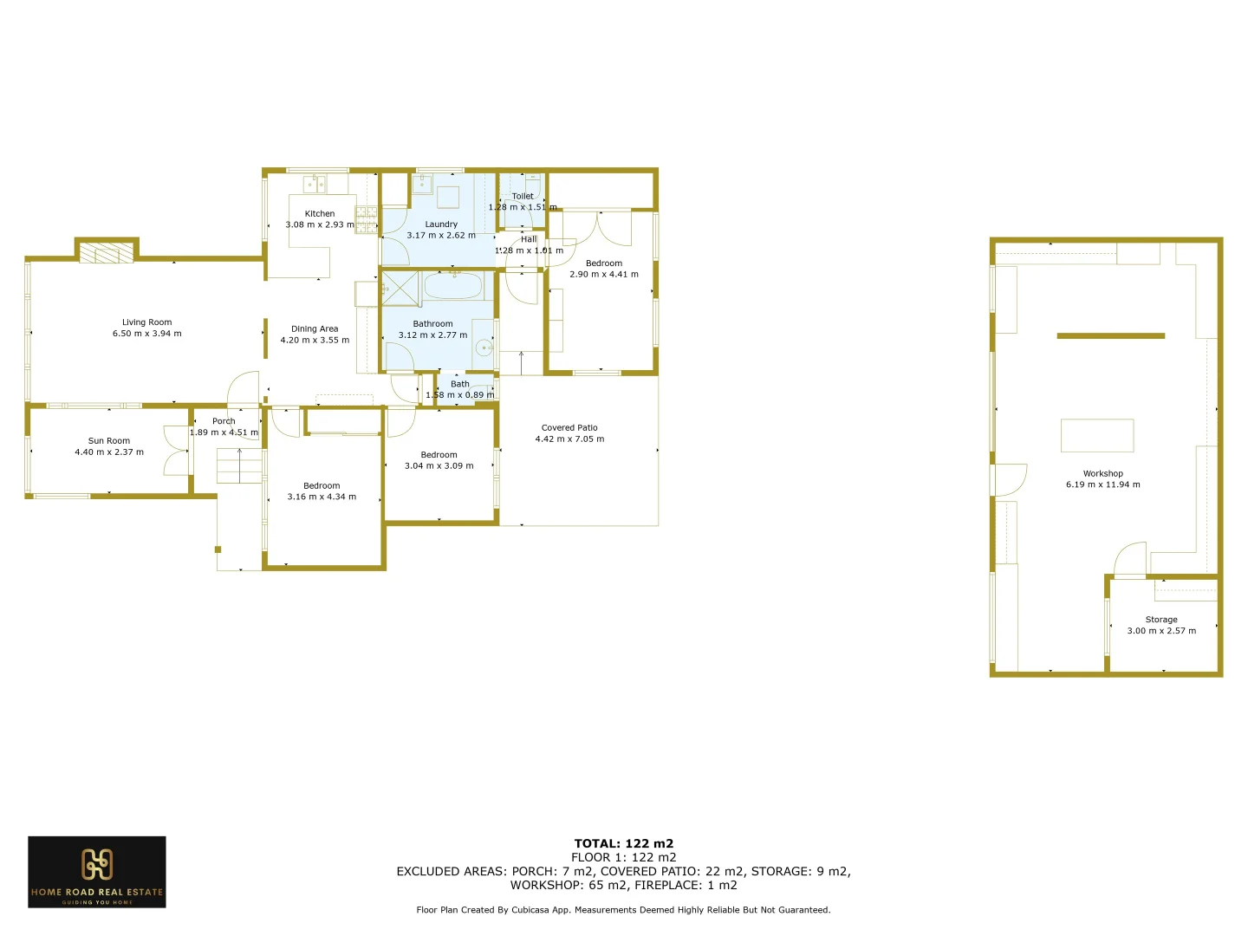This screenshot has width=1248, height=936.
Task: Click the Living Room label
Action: pos(146,322)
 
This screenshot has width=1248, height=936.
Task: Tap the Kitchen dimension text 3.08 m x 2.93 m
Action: pos(320,224)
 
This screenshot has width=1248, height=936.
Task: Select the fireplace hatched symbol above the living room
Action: pos(107,252)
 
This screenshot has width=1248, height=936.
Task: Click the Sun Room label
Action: pos(109,441)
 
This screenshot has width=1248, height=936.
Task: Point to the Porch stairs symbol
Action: pos(239,465)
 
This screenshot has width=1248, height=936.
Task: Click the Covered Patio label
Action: pos(569,428)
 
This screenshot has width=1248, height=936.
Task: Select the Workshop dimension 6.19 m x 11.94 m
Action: pos(1102,484)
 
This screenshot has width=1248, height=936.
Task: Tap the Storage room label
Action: pos(1161,620)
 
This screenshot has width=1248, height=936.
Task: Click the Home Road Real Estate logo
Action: pos(97,872)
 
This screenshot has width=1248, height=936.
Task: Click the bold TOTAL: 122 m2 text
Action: pos(623,843)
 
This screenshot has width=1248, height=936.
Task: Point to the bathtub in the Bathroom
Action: pos(452,286)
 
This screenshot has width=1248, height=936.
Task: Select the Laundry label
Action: pos(441,224)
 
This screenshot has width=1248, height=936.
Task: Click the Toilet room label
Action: pos(523,197)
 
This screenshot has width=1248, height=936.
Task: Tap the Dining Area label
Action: pos(315,329)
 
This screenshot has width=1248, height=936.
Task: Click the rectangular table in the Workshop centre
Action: pos(1096,435)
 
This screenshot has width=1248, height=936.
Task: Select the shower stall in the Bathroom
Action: pos(400,289)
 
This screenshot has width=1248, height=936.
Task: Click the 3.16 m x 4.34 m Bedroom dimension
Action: pos(322,497)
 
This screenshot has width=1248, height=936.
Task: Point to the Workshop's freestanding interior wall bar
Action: pos(1110,335)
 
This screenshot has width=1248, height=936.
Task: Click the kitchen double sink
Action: pos(315,184)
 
